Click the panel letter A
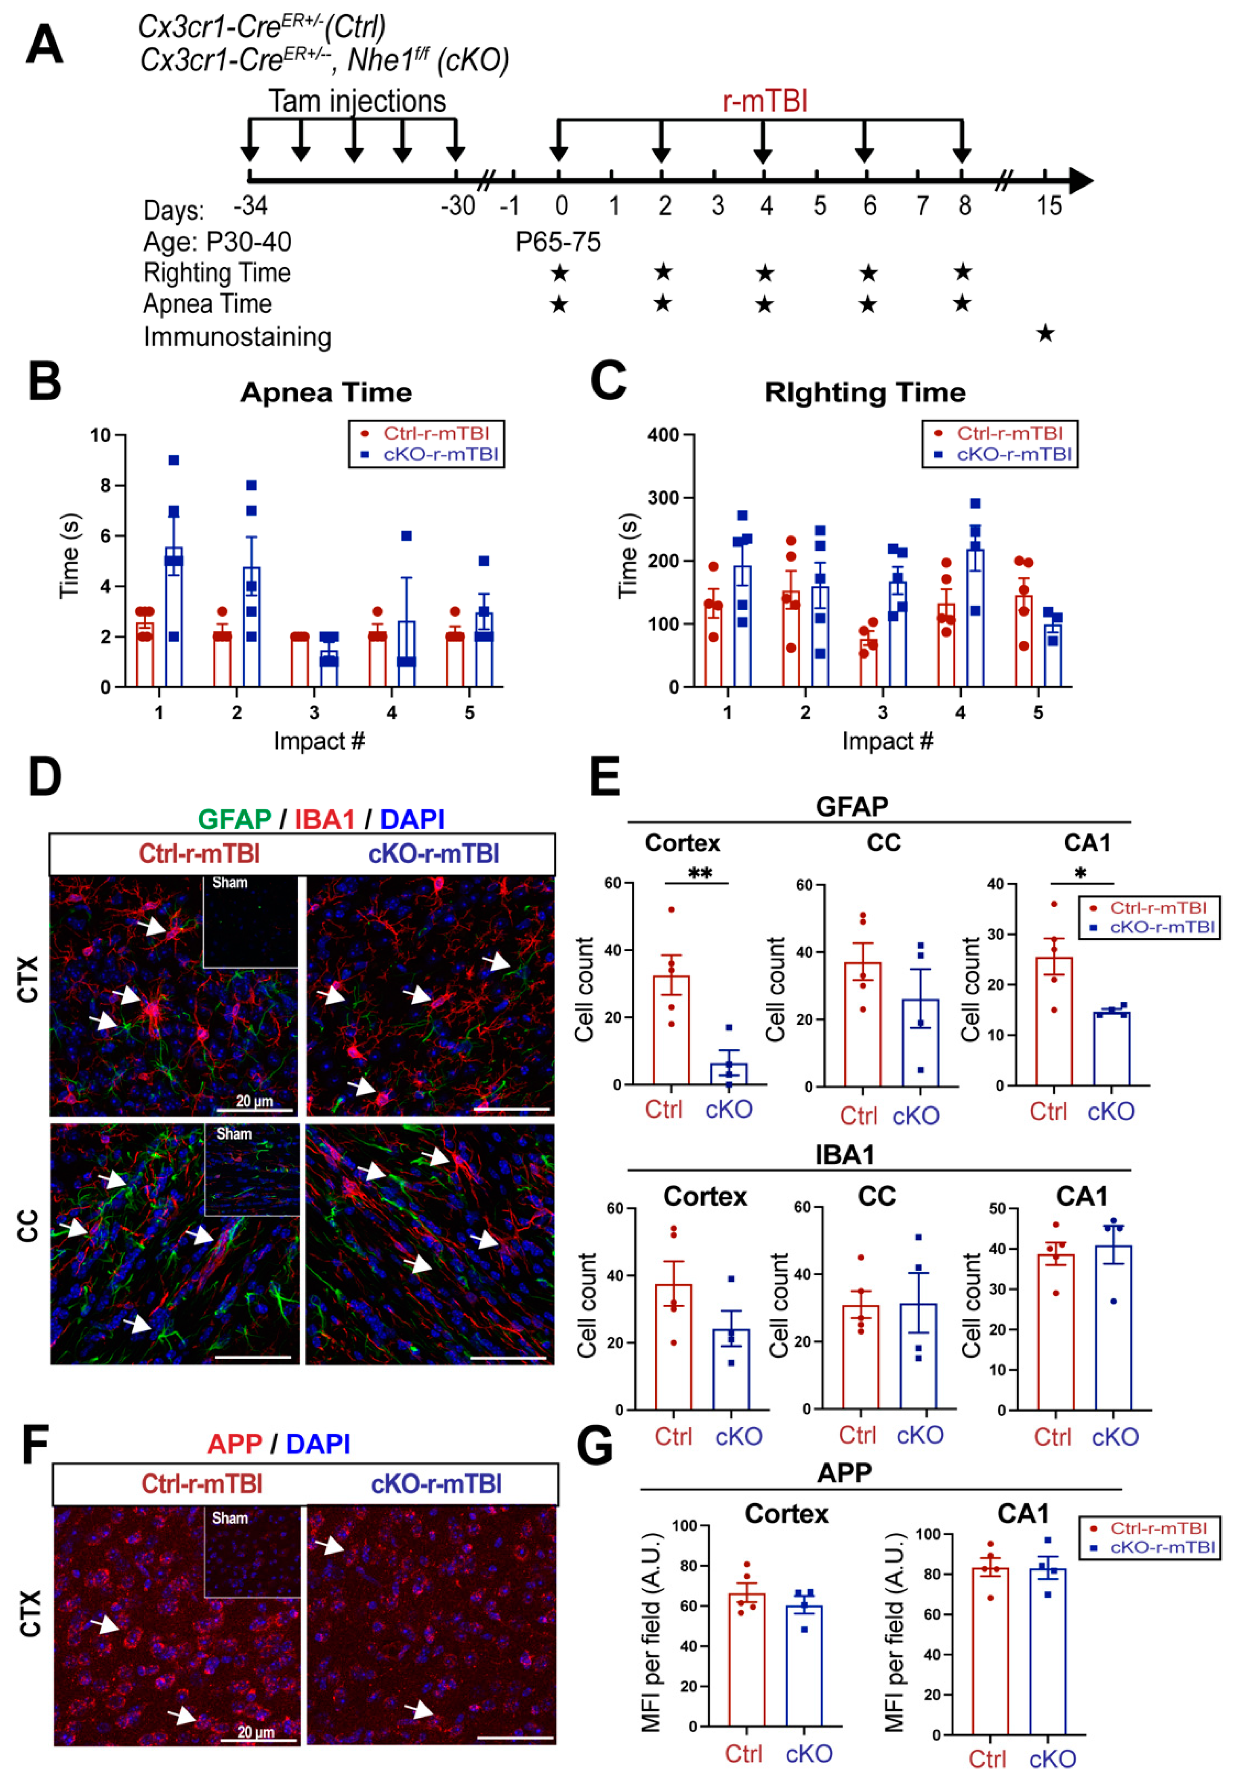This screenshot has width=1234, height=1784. (x=44, y=45)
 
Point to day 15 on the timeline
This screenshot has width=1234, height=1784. (x=1049, y=206)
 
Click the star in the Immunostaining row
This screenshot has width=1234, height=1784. (x=1045, y=333)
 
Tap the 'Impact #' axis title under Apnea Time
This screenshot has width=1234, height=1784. (x=319, y=741)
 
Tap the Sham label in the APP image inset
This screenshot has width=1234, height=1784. (x=230, y=1518)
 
